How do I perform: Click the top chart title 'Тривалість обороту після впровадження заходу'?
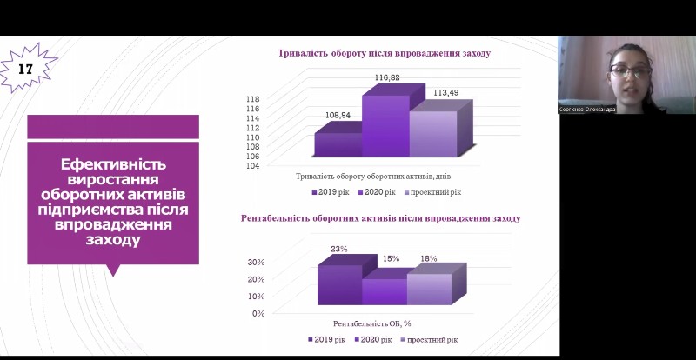[384, 53]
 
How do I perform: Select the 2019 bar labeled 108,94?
[338, 145]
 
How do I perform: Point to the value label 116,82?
[387, 78]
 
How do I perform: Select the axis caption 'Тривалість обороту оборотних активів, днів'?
[371, 177]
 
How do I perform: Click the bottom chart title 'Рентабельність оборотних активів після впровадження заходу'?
[381, 217]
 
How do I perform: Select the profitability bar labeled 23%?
[339, 284]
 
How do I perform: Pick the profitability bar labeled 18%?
[430, 289]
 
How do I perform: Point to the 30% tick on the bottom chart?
[256, 262]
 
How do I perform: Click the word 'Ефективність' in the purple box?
[113, 164]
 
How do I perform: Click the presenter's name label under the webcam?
[587, 110]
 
